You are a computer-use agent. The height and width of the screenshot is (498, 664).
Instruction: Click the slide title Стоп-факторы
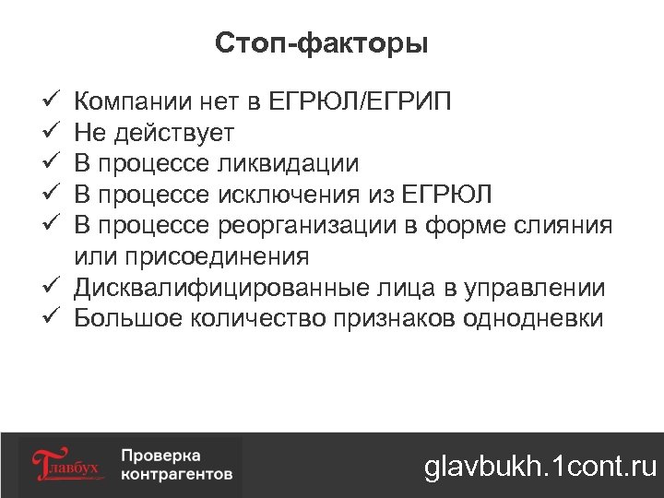point(321,43)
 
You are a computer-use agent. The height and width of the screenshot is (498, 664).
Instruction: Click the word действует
point(176,133)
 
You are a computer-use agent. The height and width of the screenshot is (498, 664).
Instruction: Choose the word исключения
point(292,196)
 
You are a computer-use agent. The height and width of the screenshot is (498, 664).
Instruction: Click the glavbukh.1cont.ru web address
point(540,467)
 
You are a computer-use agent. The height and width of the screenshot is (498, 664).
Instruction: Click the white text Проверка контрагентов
point(176,466)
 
